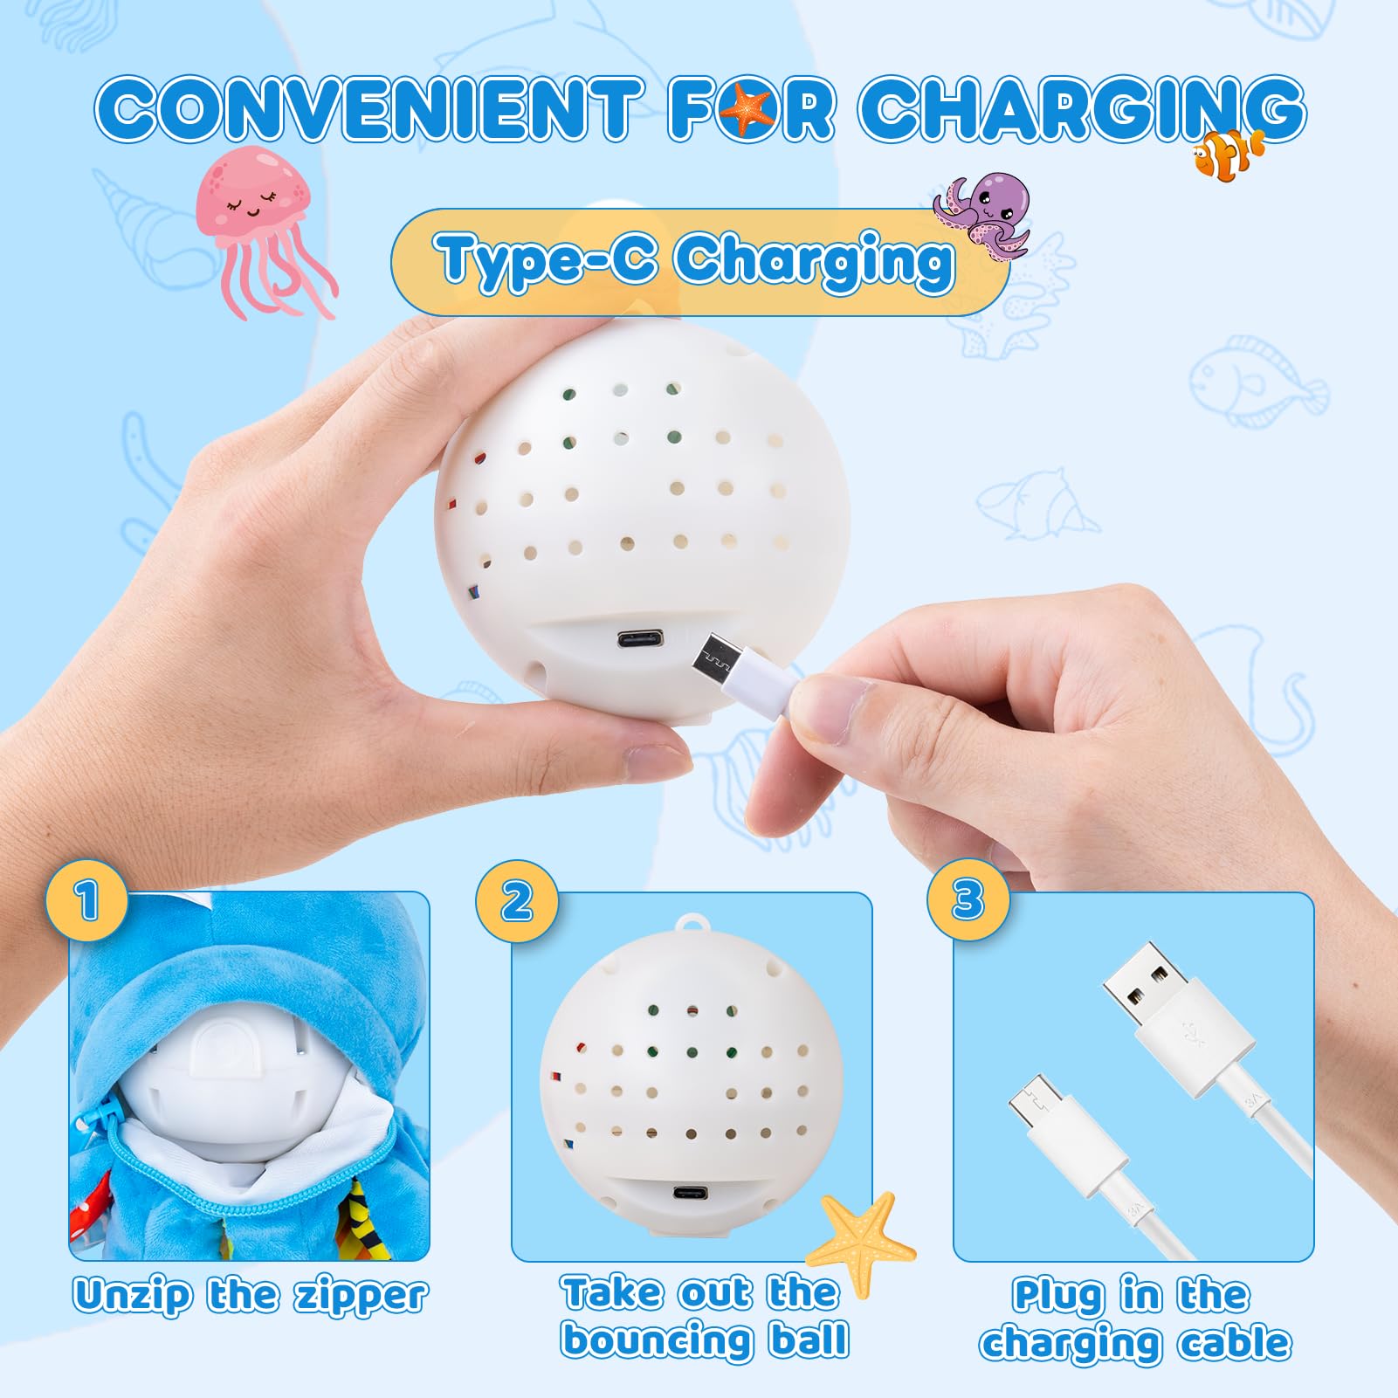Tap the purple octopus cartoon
click(984, 215)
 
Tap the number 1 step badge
click(86, 900)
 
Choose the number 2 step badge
click(517, 900)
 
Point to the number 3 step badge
click(968, 900)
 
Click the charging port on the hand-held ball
click(640, 639)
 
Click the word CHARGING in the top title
click(1082, 109)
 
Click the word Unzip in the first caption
click(133, 1297)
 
